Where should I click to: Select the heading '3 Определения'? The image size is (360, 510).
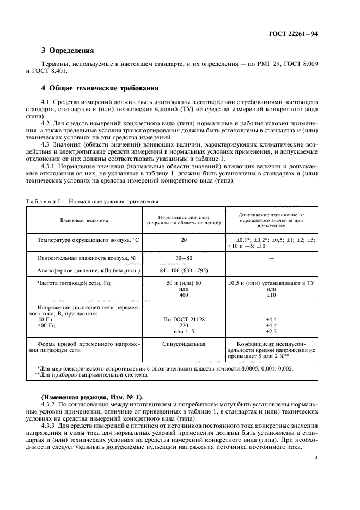click(68, 51)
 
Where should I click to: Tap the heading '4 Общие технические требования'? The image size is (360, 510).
click(100, 87)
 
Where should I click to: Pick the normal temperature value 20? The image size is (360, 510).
click(184, 240)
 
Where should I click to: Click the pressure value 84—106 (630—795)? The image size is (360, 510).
click(184, 270)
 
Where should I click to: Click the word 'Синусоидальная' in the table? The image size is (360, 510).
click(184, 344)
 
